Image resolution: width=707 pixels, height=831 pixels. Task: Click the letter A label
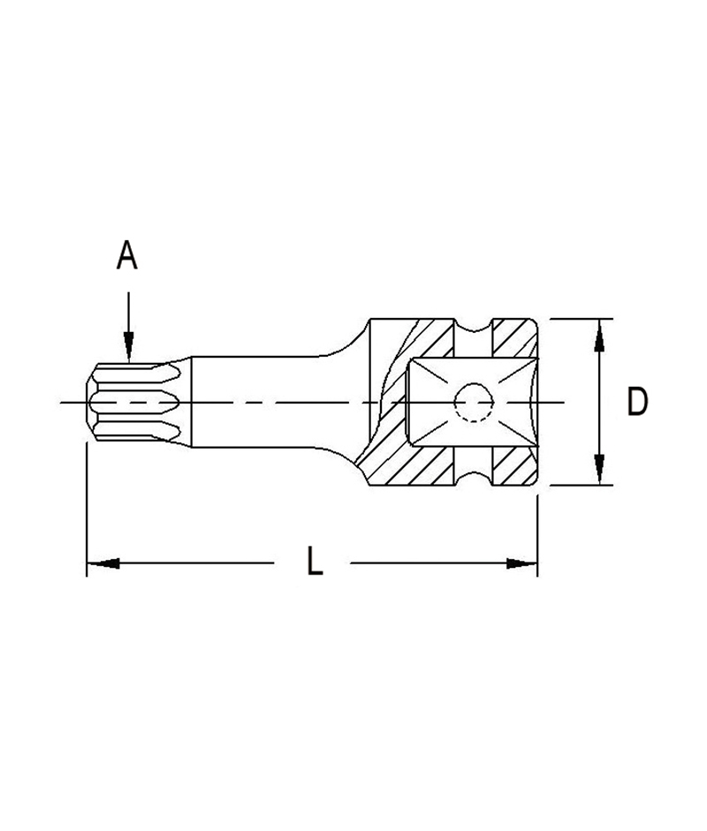pyautogui.click(x=127, y=256)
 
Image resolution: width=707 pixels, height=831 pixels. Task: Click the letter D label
pyautogui.click(x=636, y=402)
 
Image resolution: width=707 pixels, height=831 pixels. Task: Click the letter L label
pyautogui.click(x=314, y=563)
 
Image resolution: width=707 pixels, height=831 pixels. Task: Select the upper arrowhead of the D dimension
pyautogui.click(x=599, y=335)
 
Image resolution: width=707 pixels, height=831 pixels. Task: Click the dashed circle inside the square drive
pyautogui.click(x=472, y=403)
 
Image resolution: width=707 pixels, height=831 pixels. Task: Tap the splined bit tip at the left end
pyautogui.click(x=133, y=403)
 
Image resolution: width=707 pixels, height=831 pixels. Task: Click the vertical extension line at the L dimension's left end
pyautogui.click(x=86, y=512)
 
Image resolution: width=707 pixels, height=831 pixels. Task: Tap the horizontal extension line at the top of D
pyautogui.click(x=579, y=318)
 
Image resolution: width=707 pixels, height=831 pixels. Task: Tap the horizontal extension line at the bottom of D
pyautogui.click(x=579, y=485)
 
